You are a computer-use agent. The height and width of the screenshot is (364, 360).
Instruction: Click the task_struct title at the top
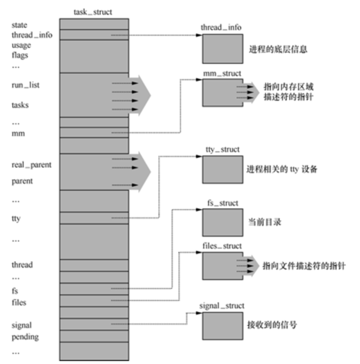[93, 11]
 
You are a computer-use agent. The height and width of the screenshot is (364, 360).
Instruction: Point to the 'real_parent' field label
[31, 165]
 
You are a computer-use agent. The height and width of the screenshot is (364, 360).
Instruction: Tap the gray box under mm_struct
[220, 92]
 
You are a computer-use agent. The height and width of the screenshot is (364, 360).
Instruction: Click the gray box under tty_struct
[220, 168]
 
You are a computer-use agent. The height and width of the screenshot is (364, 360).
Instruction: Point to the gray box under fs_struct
[220, 220]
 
